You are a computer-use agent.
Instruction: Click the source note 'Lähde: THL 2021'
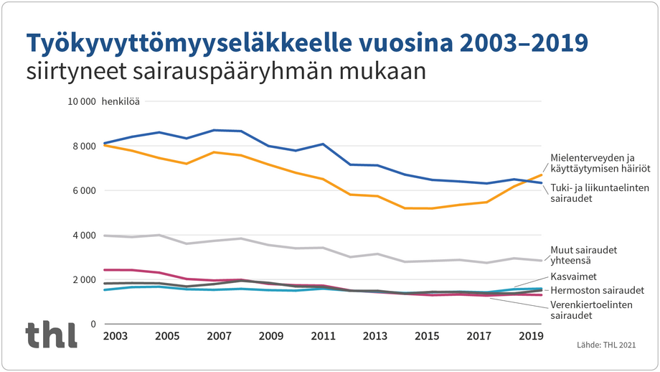[x=606, y=345]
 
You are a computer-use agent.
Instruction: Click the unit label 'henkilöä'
[x=123, y=101]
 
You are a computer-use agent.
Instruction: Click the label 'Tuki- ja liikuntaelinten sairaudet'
[x=598, y=193]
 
